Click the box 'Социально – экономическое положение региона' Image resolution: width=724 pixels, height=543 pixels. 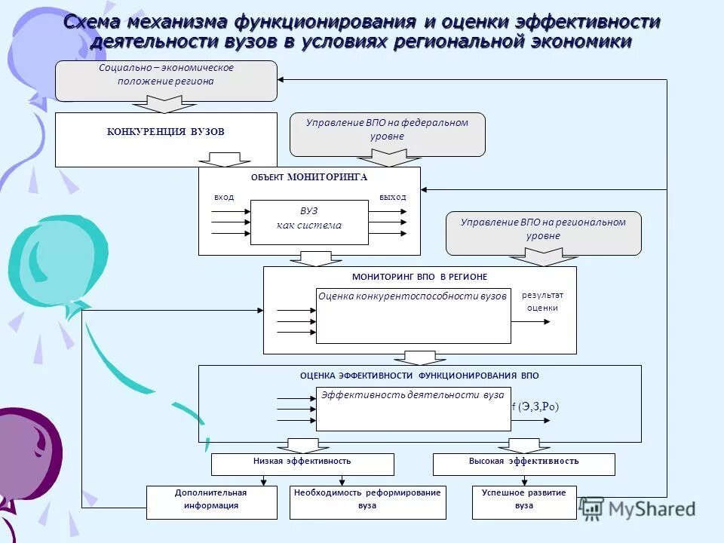(166, 80)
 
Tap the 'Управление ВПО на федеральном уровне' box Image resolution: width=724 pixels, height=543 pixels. (388, 133)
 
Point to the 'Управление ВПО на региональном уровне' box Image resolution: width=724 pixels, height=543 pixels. (544, 232)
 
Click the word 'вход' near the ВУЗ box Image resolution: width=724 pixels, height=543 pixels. (224, 197)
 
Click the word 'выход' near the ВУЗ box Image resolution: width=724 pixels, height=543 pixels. (392, 197)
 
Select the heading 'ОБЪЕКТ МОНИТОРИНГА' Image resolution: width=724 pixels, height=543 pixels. (309, 177)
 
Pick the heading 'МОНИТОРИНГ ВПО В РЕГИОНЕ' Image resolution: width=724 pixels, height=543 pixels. (419, 277)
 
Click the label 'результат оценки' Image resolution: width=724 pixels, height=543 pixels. (542, 301)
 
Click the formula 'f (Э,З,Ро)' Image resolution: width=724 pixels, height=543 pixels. (535, 407)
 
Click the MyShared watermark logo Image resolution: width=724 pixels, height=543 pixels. (638, 509)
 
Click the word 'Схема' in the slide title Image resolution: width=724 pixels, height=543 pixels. (95, 22)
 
